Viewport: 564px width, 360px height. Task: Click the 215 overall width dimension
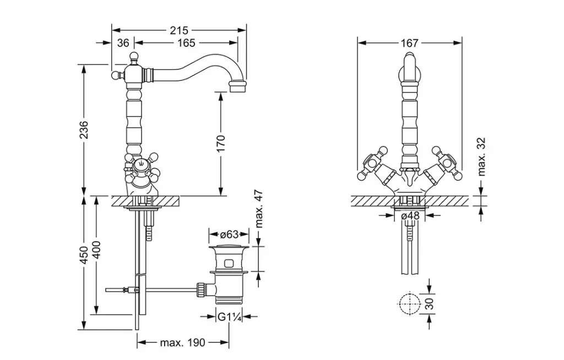pos(179,31)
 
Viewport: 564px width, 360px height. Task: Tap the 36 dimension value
pos(123,42)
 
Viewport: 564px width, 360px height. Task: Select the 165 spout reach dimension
pos(186,42)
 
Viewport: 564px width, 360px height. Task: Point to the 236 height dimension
pos(83,130)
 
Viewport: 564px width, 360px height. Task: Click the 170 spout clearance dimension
pos(220,143)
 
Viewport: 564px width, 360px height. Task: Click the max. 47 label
pos(259,210)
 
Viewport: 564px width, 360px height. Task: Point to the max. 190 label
pos(182,343)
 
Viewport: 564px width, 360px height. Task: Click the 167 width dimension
pos(410,42)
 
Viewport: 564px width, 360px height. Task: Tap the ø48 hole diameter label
pos(410,216)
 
